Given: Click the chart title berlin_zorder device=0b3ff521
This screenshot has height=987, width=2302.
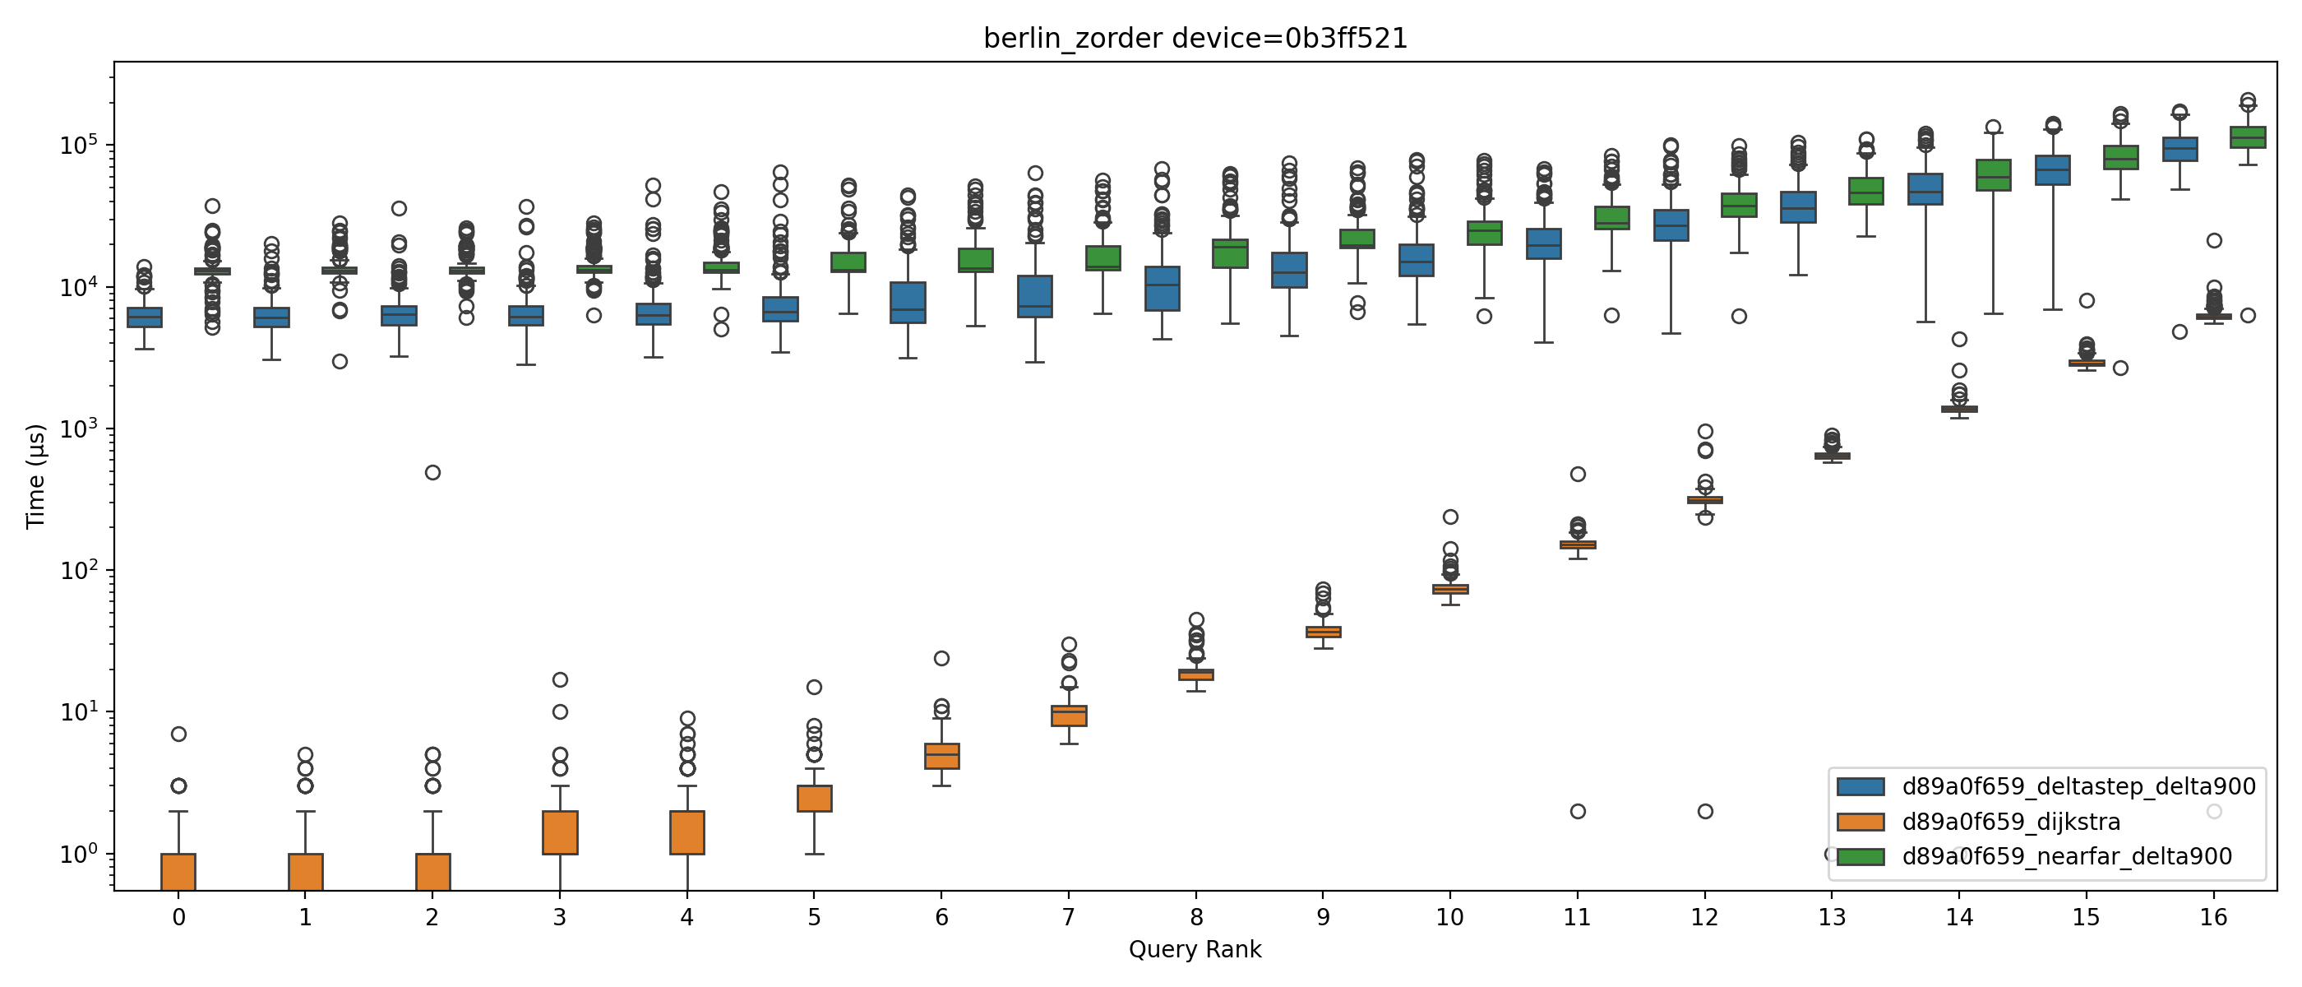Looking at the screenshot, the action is click(1195, 39).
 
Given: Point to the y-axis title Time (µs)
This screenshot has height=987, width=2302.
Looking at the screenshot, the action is click(35, 476).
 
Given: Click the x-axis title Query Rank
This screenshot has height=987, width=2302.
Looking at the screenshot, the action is click(1195, 949).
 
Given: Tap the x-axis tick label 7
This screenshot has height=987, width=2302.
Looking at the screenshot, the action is click(1068, 917).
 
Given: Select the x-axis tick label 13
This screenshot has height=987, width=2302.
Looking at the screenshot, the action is click(1831, 917).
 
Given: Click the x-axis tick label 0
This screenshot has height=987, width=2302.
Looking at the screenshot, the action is click(178, 917).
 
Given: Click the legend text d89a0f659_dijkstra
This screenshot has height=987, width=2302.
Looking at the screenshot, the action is click(2011, 822).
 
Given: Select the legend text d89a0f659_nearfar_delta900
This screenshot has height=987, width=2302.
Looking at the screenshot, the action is click(2067, 856).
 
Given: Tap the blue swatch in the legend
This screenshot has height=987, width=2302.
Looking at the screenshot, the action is click(1861, 787).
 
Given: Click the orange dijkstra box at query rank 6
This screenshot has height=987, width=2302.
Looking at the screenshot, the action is click(942, 757).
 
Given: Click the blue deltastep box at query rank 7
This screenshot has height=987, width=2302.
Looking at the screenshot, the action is click(1035, 297).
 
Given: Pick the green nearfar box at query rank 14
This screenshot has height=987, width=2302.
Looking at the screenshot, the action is click(1993, 175).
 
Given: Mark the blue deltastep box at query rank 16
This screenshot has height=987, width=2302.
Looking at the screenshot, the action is click(2180, 150).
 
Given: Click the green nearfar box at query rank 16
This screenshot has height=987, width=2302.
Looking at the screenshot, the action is click(2248, 137).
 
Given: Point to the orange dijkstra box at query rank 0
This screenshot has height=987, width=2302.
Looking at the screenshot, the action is click(178, 872).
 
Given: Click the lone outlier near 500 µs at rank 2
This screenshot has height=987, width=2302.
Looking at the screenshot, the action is click(432, 472).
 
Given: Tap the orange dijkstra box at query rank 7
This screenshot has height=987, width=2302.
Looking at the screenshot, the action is click(1069, 716).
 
